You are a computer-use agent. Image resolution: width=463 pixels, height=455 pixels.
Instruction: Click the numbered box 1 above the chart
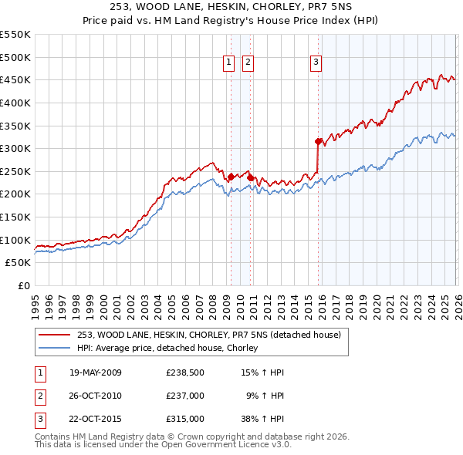tap(229, 63)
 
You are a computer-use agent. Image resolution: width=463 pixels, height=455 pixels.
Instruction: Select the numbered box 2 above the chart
tap(248, 63)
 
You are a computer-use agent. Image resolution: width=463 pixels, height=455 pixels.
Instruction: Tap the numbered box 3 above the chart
tap(316, 63)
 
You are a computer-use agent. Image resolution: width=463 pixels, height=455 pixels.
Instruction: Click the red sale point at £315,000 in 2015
tap(318, 141)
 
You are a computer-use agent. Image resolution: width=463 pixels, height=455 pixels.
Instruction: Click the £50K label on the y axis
tap(19, 263)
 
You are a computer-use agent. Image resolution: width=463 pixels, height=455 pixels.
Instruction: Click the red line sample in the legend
tap(54, 335)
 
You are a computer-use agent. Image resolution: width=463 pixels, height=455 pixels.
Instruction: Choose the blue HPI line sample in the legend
tap(54, 348)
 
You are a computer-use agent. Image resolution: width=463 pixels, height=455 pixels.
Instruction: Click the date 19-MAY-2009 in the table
tap(96, 372)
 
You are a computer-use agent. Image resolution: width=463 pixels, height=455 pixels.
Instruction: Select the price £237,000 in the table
tap(185, 396)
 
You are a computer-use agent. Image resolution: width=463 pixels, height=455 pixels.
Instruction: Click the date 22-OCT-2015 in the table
tap(96, 419)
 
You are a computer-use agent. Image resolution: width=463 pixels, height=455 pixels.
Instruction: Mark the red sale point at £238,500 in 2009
tap(231, 177)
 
